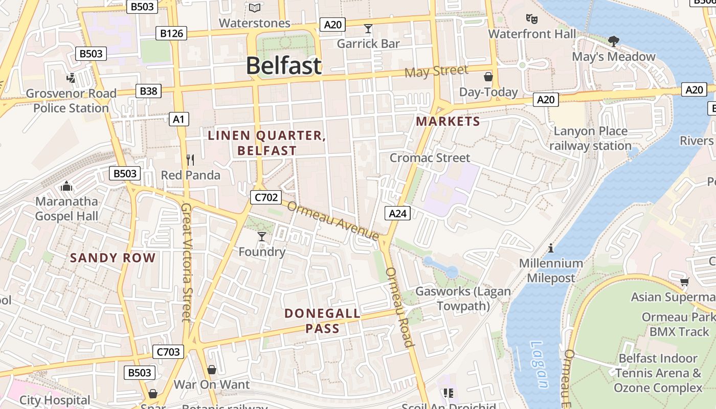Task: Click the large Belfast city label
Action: coord(284,66)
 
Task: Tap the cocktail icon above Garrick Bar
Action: coord(368,28)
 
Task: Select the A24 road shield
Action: coord(397,213)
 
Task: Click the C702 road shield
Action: coord(265,197)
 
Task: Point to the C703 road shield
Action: coord(168,352)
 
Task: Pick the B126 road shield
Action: coord(171,33)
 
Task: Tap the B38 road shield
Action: coord(148,91)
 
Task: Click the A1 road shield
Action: coord(178,119)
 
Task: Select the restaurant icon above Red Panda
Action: coord(190,160)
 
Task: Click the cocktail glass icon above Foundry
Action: coord(262,236)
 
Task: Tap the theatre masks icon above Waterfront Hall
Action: coord(532,19)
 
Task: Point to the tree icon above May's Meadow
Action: coord(613,41)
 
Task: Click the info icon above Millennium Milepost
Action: coord(551,248)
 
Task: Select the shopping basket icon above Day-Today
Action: coord(488,77)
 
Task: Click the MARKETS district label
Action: coord(447,121)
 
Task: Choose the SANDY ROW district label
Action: coord(113,258)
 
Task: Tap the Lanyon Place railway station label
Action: coord(590,139)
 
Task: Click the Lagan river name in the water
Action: coord(538,365)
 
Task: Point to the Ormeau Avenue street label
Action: coord(333,220)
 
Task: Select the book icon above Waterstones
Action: coord(254,8)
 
